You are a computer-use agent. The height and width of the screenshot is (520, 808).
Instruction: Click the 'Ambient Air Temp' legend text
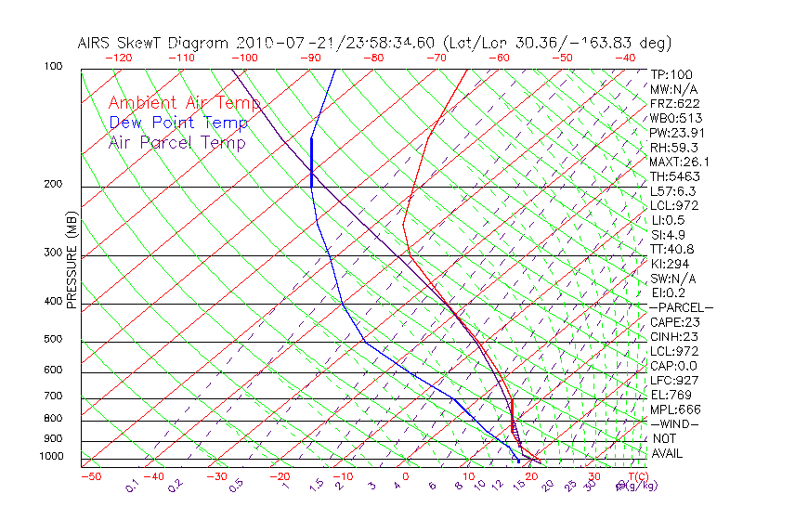click(x=184, y=103)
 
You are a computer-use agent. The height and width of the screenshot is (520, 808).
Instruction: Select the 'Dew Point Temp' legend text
click(x=178, y=123)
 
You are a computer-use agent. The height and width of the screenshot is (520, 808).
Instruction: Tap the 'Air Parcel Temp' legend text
click(x=177, y=142)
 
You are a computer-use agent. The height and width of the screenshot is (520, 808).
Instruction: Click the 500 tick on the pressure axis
click(x=52, y=340)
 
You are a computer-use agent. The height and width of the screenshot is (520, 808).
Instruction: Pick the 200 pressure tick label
click(x=52, y=185)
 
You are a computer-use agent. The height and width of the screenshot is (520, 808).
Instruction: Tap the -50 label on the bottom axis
click(x=90, y=477)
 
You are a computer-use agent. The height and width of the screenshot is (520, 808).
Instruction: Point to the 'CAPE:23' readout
click(x=674, y=322)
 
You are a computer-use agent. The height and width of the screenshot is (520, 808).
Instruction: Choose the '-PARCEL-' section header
click(x=681, y=307)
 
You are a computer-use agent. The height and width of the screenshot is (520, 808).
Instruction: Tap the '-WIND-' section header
click(x=675, y=423)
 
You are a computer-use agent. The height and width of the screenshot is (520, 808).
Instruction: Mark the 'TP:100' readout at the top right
click(x=671, y=75)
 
